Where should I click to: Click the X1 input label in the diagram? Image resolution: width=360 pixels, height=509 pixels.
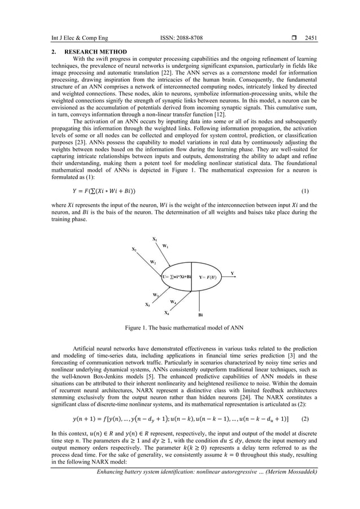155,239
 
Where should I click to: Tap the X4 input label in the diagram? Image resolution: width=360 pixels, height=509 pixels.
166,312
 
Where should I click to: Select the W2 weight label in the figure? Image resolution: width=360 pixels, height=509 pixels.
153,262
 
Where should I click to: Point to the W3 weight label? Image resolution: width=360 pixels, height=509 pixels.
155,295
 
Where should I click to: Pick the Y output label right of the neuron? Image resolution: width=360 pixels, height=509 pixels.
232,273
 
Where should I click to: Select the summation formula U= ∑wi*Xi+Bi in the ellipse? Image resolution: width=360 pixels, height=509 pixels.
177,278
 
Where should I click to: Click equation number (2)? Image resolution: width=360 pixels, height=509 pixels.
305,435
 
